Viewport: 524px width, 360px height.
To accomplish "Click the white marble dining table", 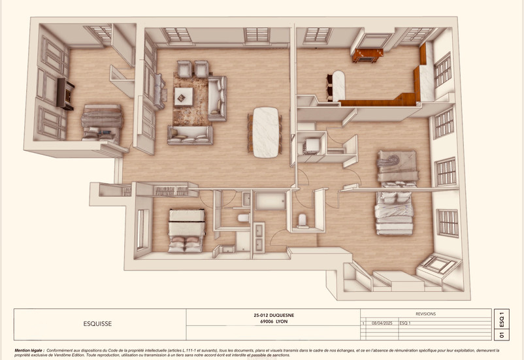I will (x=266, y=131).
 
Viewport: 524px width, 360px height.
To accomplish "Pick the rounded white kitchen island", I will (x=338, y=85).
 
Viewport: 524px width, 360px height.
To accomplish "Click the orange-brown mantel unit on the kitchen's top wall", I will (x=367, y=56).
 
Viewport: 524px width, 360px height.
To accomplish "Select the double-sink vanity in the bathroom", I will (x=258, y=237).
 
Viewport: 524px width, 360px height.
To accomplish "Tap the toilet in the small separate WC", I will (x=303, y=220).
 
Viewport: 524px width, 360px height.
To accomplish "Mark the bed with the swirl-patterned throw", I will (x=397, y=167).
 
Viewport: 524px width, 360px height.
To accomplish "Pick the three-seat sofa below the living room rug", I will (x=190, y=135).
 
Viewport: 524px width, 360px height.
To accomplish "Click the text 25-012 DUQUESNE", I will (x=273, y=315).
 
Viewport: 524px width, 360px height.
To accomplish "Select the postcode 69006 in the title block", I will (x=263, y=321).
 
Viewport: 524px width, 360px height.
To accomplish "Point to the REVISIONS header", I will (x=425, y=314).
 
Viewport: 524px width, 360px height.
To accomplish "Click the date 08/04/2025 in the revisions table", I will (x=381, y=323).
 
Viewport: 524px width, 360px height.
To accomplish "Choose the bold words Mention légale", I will (x=30, y=351).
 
